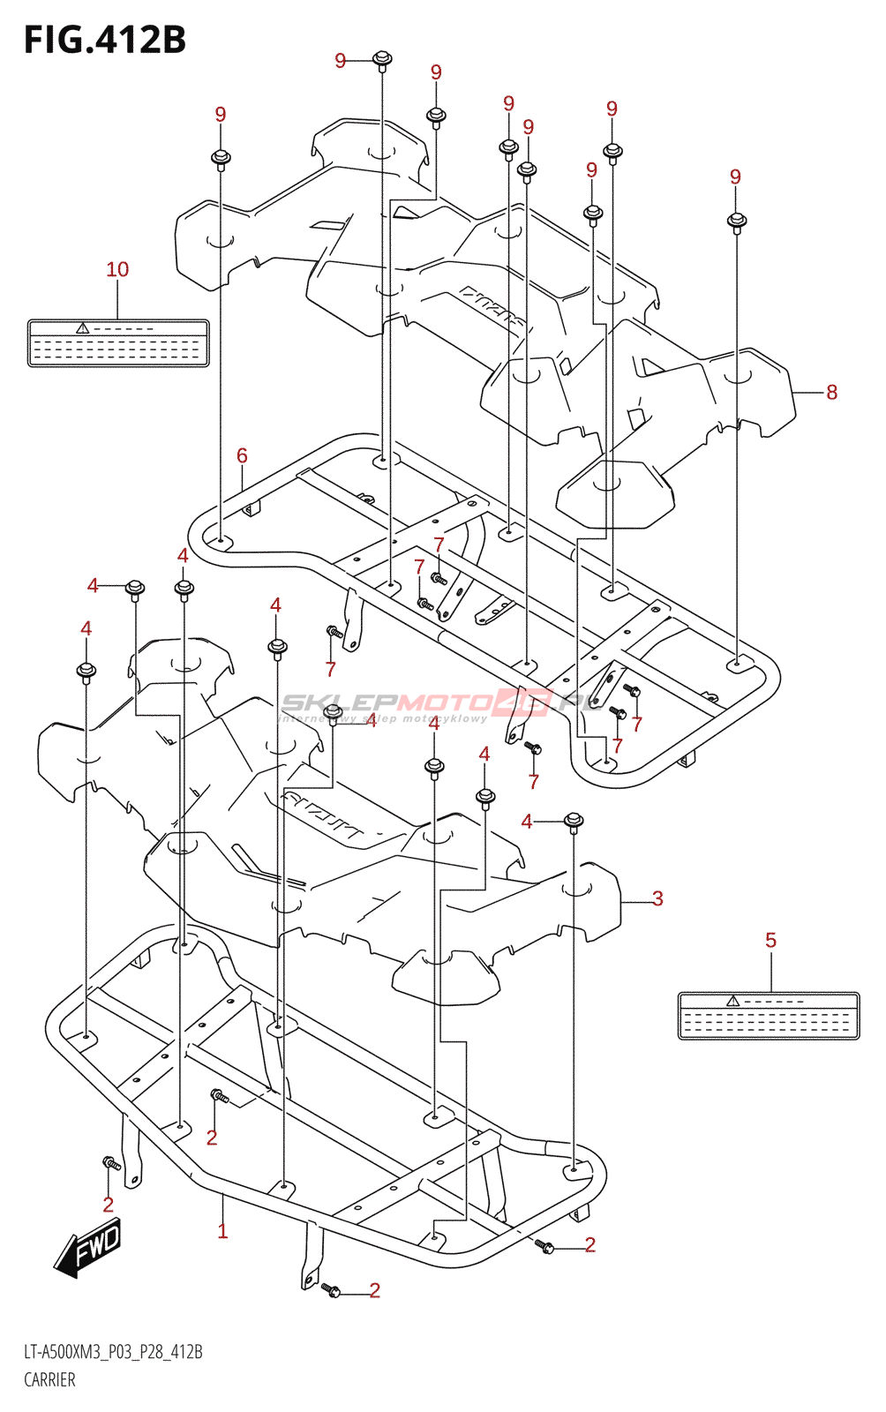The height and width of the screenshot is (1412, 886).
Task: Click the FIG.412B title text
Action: click(x=105, y=40)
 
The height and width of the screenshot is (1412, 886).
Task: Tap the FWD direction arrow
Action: click(x=88, y=1247)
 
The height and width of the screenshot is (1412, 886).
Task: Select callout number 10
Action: click(x=117, y=269)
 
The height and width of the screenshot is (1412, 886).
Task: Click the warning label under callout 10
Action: click(x=118, y=343)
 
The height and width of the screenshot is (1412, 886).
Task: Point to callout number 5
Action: click(x=770, y=941)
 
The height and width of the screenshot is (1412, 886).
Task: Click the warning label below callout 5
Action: click(x=768, y=1016)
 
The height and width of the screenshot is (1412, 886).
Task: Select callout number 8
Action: click(x=831, y=392)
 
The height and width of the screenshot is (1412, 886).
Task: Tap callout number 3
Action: click(x=657, y=898)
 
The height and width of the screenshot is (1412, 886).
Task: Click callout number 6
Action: click(x=242, y=455)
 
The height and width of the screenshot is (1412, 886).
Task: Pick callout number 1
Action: click(x=222, y=1230)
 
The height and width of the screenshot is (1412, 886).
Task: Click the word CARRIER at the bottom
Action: click(x=49, y=1379)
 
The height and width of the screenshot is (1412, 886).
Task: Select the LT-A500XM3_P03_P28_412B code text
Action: click(x=113, y=1352)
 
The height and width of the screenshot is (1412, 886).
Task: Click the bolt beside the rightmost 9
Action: click(x=737, y=221)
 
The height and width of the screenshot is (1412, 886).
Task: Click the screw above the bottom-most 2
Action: click(x=332, y=1289)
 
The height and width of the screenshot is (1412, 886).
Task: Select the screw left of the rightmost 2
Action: click(x=544, y=1245)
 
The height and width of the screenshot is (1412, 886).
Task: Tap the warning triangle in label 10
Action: click(x=83, y=328)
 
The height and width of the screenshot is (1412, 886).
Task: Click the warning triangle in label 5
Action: click(x=732, y=1001)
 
